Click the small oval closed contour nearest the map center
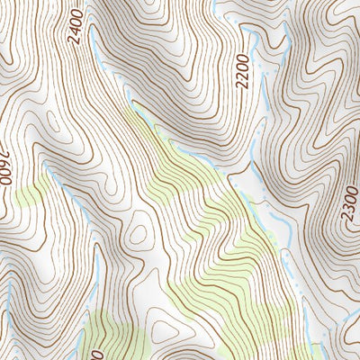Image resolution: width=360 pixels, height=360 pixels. coord(139,236)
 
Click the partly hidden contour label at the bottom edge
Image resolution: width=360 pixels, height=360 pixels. coord(87,351)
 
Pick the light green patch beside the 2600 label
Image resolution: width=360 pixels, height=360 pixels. coord(27,191)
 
